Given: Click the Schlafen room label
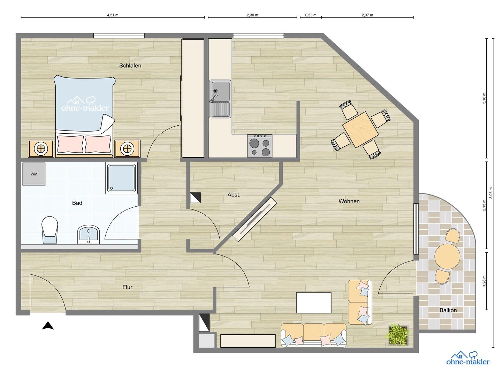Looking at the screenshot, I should [x=130, y=66].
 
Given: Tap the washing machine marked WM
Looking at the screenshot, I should [x=34, y=174].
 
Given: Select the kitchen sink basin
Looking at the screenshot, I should [x=220, y=90].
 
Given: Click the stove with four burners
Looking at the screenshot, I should [x=260, y=146].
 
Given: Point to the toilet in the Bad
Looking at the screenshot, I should [x=50, y=229].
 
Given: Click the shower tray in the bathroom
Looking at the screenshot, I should [x=121, y=178].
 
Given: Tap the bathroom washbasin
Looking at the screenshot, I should [x=89, y=234].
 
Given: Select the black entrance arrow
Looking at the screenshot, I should [x=48, y=326].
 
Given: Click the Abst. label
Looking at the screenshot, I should [x=234, y=195].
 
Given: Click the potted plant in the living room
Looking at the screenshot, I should [x=398, y=335].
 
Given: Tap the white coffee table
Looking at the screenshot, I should [x=313, y=303].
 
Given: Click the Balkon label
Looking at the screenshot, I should [x=448, y=310].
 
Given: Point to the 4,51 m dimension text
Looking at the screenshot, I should [x=113, y=15].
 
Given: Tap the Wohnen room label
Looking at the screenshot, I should [x=349, y=201].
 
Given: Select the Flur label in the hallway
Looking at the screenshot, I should [x=127, y=287].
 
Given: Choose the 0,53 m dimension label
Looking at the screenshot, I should [x=311, y=15].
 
